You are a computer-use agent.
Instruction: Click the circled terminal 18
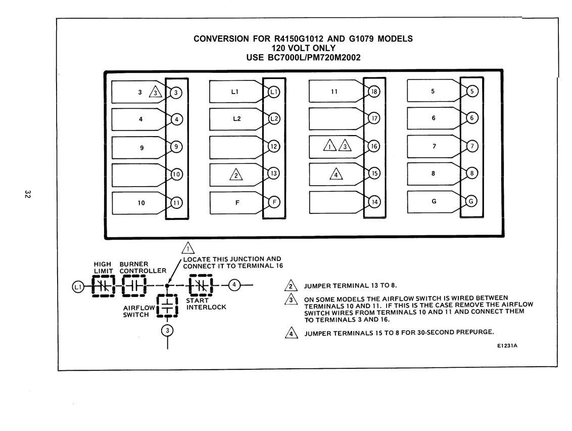pyautogui.click(x=374, y=92)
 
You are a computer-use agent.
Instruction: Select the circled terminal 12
pyautogui.click(x=274, y=147)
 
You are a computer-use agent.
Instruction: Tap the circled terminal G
pyautogui.click(x=471, y=201)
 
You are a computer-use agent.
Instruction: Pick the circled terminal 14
pyautogui.click(x=374, y=202)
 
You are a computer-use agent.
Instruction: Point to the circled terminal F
pyautogui.click(x=274, y=202)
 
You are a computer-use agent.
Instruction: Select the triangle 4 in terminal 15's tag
pyautogui.click(x=336, y=174)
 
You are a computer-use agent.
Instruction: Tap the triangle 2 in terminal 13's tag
pyautogui.click(x=236, y=175)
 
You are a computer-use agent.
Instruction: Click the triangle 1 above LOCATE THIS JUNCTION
pyautogui.click(x=188, y=248)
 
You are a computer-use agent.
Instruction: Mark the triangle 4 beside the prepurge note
pyautogui.click(x=291, y=333)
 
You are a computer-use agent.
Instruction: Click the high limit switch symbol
pyautogui.click(x=103, y=286)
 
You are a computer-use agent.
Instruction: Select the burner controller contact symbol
pyautogui.click(x=134, y=286)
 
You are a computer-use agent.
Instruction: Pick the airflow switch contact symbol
pyautogui.click(x=167, y=306)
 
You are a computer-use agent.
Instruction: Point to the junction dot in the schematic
pyautogui.click(x=167, y=286)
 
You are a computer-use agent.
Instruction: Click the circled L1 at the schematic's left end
pyautogui.click(x=78, y=287)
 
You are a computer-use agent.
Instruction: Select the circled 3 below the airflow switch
pyautogui.click(x=167, y=330)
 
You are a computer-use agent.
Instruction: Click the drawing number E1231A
pyautogui.click(x=507, y=346)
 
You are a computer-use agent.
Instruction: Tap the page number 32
pyautogui.click(x=27, y=194)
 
